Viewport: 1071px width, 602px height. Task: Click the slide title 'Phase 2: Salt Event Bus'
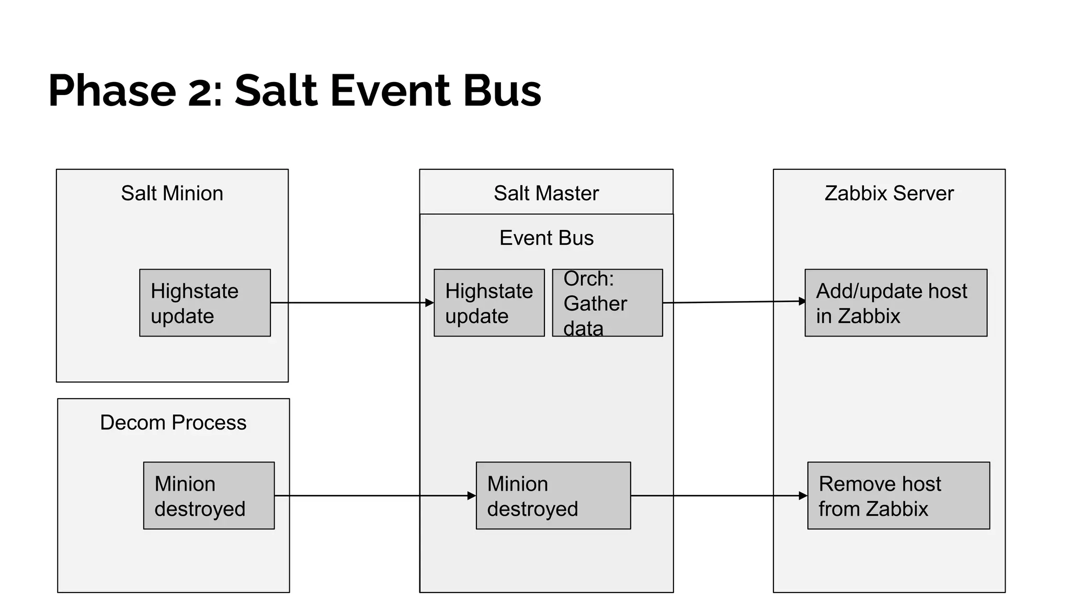tap(294, 91)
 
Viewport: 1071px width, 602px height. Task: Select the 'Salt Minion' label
tap(172, 193)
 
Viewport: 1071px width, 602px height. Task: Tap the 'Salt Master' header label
tap(546, 193)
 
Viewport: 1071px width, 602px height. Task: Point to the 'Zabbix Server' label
tap(889, 193)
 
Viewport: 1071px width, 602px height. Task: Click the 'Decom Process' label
tap(173, 422)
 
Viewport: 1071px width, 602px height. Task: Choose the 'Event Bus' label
tap(546, 238)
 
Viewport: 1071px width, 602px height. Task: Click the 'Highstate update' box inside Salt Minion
tap(205, 303)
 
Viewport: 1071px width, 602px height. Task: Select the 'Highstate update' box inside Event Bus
tap(489, 303)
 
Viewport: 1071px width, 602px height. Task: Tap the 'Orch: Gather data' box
tap(607, 303)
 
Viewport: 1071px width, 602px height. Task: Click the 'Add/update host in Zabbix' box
tap(896, 303)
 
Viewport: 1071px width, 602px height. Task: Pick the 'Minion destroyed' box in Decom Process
tap(209, 495)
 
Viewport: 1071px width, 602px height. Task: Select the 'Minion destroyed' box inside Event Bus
tap(553, 495)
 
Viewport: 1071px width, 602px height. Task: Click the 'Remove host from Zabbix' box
tap(898, 495)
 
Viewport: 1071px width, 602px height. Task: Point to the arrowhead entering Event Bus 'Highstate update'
tap(430, 303)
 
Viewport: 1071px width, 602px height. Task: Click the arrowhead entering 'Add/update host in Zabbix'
tap(802, 301)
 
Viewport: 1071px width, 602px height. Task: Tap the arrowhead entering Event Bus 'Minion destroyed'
tap(472, 495)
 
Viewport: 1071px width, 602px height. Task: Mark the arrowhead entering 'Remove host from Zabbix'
tap(803, 495)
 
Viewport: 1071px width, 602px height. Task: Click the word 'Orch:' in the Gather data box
tap(589, 279)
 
